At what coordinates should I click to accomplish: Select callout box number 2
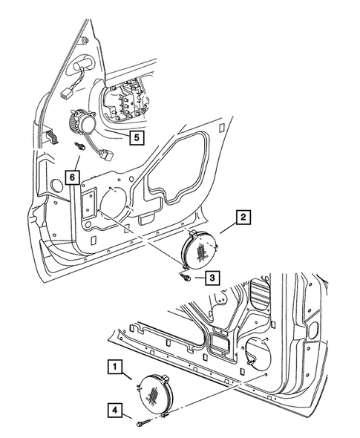coord(243,218)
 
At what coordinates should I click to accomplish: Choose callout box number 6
coord(71,177)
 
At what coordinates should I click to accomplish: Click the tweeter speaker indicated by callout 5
coord(81,120)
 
